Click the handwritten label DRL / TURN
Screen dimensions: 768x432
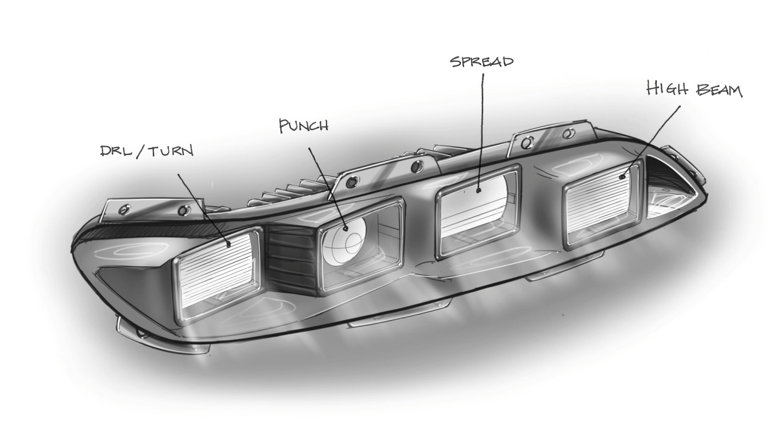147,151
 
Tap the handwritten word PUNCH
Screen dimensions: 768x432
304,126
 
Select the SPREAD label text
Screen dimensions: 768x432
482,61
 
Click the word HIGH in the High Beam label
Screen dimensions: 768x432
667,88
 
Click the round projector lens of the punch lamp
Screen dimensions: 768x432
345,242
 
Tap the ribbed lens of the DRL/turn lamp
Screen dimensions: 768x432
216,275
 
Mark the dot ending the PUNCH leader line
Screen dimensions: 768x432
346,229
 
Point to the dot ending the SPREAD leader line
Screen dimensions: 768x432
478,190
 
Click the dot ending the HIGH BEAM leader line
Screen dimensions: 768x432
622,177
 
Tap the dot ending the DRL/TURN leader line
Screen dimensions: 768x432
229,245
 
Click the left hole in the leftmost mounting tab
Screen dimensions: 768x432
123,209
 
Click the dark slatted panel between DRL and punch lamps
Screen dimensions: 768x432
291,259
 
